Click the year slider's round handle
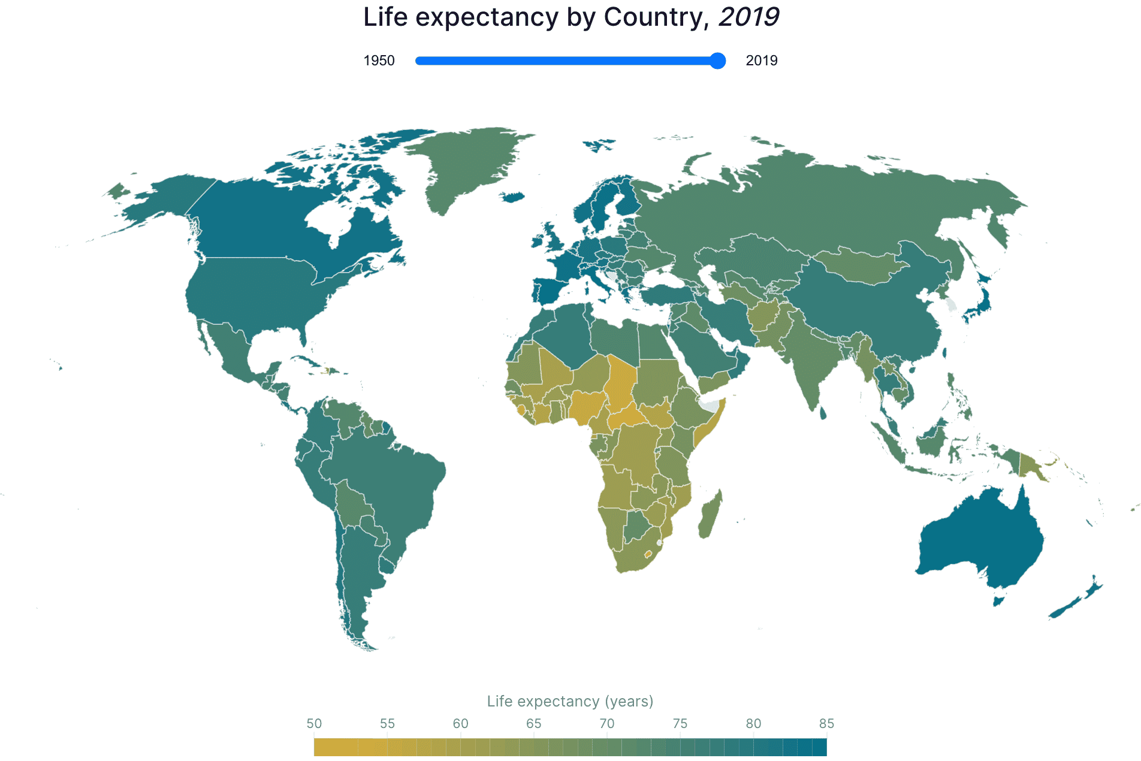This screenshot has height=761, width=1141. tap(717, 61)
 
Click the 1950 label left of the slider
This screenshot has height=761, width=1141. tap(379, 61)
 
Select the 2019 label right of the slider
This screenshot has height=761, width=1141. tap(761, 61)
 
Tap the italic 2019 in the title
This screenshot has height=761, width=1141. tap(748, 17)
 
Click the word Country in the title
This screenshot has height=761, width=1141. tap(653, 17)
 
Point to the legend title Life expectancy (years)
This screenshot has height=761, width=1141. tap(570, 701)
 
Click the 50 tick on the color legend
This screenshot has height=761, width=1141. tap(314, 724)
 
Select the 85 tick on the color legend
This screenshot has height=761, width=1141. tap(826, 724)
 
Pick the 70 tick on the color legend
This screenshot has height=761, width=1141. tap(607, 724)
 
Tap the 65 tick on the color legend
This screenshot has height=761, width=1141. tap(533, 724)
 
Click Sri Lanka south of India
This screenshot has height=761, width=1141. tap(823, 413)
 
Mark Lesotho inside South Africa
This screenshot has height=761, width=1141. tap(648, 554)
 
